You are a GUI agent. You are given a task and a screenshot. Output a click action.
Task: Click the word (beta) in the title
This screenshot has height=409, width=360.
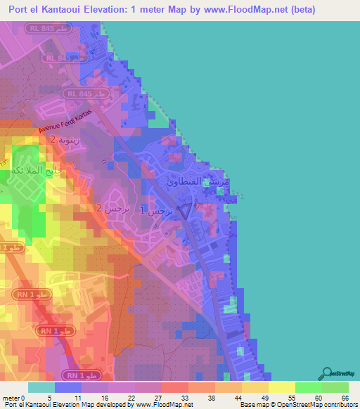coord(300,10)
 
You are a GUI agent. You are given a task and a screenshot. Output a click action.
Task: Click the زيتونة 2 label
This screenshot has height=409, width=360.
coord(63,140)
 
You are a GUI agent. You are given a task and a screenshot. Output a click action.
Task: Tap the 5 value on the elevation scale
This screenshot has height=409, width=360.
coord(41,379)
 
